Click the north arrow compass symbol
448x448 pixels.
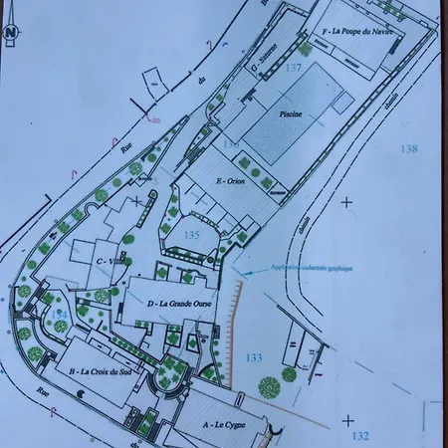(x=11, y=32)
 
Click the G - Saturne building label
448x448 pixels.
(x=267, y=63)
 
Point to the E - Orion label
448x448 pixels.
(x=230, y=181)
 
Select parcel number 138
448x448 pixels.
(x=408, y=148)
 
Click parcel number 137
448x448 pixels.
(x=294, y=68)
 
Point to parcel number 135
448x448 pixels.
(x=193, y=235)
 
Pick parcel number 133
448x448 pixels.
(x=254, y=357)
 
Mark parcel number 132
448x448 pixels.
(x=360, y=435)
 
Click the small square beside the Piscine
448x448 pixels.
(x=340, y=102)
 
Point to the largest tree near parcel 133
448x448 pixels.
(x=268, y=386)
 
